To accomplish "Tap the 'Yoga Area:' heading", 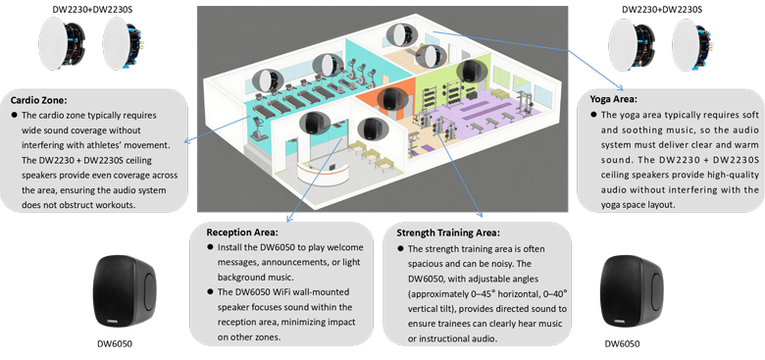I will pos(612,99).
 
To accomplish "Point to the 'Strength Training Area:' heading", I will pos(452,232).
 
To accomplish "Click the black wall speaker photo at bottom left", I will pos(126,294).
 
